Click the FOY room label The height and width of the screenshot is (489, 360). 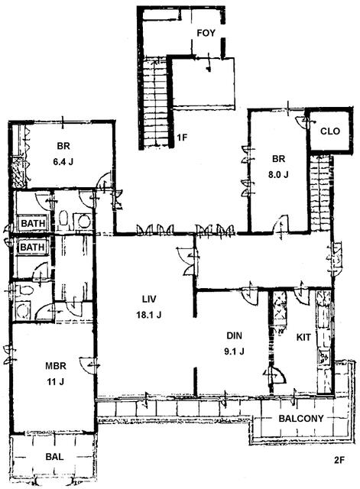[x=206, y=33]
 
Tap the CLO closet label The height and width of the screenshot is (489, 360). [x=330, y=131]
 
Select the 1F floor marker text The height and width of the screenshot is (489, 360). [x=182, y=138]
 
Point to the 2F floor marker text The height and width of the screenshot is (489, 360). [x=339, y=460]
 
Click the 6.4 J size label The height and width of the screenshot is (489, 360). [x=63, y=162]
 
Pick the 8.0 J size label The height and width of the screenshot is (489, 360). [x=278, y=174]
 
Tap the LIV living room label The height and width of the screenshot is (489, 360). [x=149, y=300]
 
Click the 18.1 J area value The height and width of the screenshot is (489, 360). [x=149, y=315]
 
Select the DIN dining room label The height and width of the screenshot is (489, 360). [x=234, y=336]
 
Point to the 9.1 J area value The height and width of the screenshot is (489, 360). [x=234, y=351]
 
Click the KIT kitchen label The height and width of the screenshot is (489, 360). [x=303, y=337]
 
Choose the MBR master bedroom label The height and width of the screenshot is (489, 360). [x=56, y=365]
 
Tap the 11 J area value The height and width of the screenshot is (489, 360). [x=56, y=381]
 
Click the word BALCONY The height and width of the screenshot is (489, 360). [x=301, y=418]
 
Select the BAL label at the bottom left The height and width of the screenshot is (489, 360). [x=54, y=457]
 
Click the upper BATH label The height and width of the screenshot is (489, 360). [x=33, y=223]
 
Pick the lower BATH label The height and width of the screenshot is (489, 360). [x=32, y=248]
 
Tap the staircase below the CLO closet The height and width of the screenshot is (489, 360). [x=319, y=193]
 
